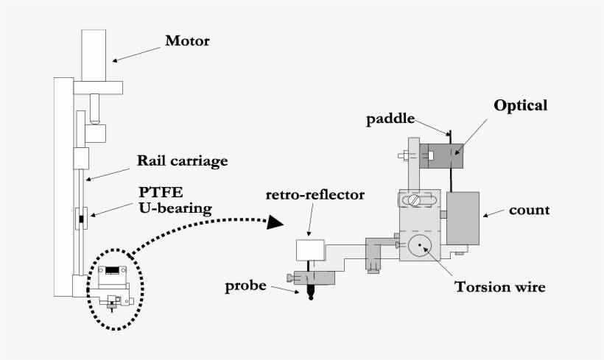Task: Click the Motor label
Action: pos(187,41)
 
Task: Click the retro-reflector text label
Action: pos(315,195)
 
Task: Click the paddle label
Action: pos(391,119)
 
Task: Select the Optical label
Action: pos(520,105)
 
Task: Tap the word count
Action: pos(529,210)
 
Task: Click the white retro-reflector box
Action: pos(311,250)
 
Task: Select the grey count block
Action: pos(463,217)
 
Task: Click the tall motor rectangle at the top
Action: pos(96,55)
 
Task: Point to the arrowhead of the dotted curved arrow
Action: pos(275,222)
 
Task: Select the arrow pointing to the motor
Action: pos(137,54)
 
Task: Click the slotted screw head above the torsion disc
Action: pos(418,200)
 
